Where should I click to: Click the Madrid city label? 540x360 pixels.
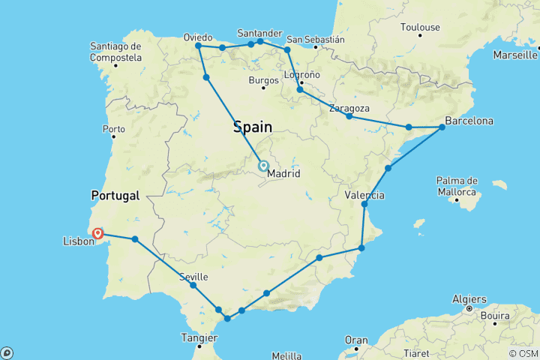point(283,173)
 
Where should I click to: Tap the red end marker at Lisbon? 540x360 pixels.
point(98,234)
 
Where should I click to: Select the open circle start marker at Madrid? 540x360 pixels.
point(263,166)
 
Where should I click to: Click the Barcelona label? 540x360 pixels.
point(469,120)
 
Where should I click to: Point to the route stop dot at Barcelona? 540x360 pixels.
point(442,127)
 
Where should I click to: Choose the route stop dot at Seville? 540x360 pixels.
point(193,285)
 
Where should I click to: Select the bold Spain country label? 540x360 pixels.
point(252,127)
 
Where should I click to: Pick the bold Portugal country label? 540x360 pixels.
point(115,195)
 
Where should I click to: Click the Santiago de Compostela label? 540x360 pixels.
point(115,51)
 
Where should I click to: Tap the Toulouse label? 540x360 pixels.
point(420,27)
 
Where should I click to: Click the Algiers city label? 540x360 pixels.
point(469,299)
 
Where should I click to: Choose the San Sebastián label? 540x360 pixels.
point(316,39)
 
